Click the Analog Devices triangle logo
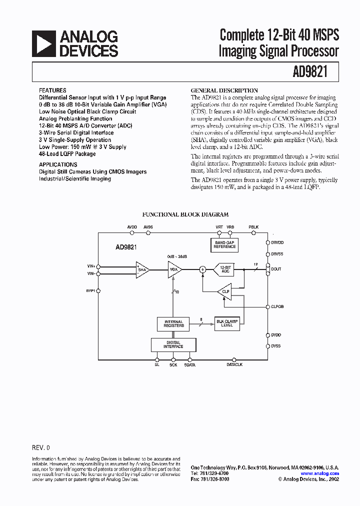(x=44, y=43)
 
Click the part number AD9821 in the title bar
(x=309, y=72)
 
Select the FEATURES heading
(x=52, y=90)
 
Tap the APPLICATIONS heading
(x=58, y=164)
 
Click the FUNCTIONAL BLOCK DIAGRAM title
(x=185, y=214)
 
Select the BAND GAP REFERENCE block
(x=224, y=244)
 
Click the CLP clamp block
(x=224, y=291)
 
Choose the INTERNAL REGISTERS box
(x=173, y=323)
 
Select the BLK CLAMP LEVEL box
(x=227, y=323)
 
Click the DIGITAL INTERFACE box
(x=173, y=344)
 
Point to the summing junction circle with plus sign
(x=203, y=269)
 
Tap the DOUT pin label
(x=276, y=269)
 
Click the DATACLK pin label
(x=234, y=365)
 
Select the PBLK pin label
(x=254, y=227)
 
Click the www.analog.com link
(x=319, y=473)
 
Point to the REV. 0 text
(x=41, y=447)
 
